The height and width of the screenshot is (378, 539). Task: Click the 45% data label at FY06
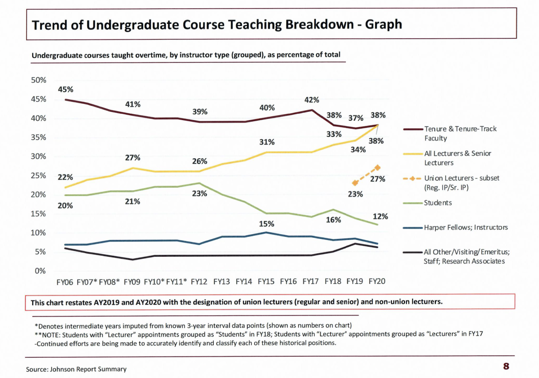pos(66,90)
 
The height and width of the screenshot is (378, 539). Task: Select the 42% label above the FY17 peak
pos(312,100)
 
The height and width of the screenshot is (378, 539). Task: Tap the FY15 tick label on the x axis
pos(266,281)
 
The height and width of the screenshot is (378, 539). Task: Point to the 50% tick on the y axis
pos(39,80)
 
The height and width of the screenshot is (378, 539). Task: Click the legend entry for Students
pos(438,203)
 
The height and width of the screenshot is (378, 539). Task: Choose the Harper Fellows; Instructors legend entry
pos(466,227)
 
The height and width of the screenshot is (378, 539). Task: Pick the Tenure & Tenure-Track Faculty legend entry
pos(460,133)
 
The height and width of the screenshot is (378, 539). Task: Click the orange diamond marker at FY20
pos(378,168)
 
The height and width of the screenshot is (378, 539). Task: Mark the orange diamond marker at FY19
pos(355,183)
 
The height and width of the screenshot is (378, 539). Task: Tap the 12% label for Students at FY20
pos(380,216)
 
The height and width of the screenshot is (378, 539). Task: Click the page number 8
pos(506,366)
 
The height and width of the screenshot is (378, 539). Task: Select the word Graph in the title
pos(383,25)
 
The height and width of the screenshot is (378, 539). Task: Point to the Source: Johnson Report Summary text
pos(76,369)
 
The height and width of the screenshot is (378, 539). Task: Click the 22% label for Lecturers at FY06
pos(65,177)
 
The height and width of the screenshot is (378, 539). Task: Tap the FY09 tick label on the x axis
pos(132,282)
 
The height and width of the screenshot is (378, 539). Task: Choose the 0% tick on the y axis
pos(40,271)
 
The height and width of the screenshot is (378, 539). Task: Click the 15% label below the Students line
pos(266,224)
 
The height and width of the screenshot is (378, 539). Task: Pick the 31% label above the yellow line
pos(267,142)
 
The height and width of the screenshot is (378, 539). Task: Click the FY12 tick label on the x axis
pos(199,282)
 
